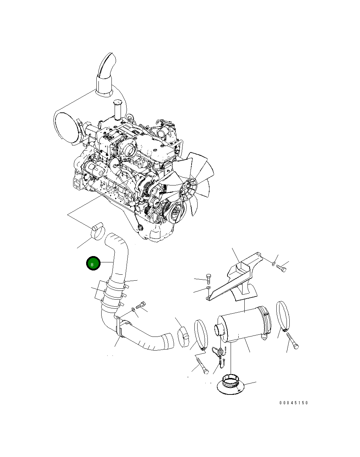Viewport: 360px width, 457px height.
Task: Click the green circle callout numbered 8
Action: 94,264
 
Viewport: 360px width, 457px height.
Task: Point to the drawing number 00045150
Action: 294,403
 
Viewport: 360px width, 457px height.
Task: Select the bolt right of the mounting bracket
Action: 282,268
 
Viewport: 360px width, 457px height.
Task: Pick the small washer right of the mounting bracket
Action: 274,262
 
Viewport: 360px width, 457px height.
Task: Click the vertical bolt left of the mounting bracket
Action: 208,279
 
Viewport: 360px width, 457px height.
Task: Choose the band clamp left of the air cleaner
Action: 201,334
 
